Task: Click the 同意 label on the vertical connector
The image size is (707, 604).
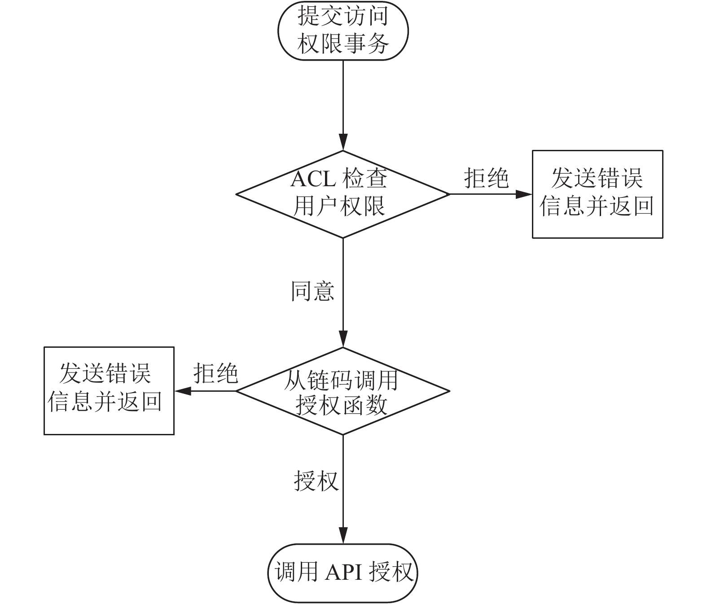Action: [x=312, y=291]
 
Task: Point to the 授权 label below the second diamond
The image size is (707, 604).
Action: [x=316, y=481]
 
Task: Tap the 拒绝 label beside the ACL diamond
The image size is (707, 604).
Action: [x=487, y=178]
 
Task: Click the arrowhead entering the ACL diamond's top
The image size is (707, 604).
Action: [x=343, y=142]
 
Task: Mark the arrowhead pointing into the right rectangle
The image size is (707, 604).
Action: [x=524, y=194]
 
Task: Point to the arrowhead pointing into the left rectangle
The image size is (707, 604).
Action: [x=183, y=391]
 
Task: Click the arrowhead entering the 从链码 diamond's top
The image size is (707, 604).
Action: [x=343, y=339]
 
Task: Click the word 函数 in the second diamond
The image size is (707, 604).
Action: [x=364, y=405]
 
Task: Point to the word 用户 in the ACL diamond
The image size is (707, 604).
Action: [x=316, y=206]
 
